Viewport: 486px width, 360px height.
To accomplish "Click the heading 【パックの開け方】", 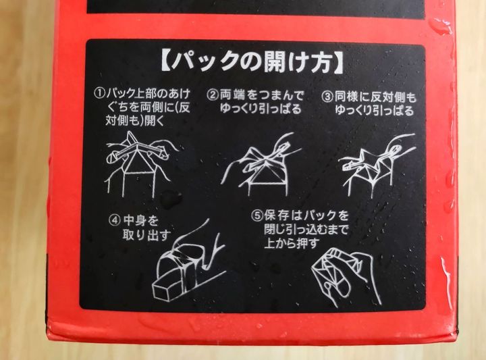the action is tap(252, 62).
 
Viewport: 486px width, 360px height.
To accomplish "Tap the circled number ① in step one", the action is tap(99, 93).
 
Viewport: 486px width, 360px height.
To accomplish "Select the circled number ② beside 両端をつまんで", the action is tap(213, 95).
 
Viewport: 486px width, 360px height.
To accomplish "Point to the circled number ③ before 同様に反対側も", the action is tap(327, 97).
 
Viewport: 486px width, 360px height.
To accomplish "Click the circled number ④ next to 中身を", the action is tap(114, 220).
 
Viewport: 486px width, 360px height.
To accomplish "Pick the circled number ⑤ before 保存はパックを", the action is tap(256, 215).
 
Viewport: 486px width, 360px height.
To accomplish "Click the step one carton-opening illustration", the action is tap(139, 163).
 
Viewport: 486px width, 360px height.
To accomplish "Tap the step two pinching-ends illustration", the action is tap(261, 164).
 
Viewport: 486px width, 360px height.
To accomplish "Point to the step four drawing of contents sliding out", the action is tap(188, 260).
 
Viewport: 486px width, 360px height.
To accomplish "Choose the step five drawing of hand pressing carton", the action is tap(346, 276).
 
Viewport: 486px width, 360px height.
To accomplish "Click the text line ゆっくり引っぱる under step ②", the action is tap(261, 109).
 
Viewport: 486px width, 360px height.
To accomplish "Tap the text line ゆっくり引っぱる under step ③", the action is tap(375, 110).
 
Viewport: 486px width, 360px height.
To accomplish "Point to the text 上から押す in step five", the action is tap(292, 242).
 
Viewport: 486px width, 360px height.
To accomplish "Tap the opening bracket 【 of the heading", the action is tap(166, 61).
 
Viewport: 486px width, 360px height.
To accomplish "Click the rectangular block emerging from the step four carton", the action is tap(167, 286).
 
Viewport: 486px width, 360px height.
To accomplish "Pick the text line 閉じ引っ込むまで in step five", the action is tap(306, 229).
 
